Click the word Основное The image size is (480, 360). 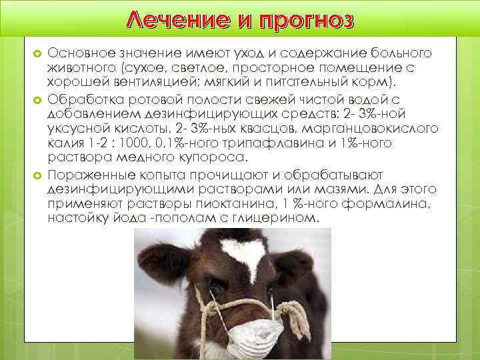pos(79,52)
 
